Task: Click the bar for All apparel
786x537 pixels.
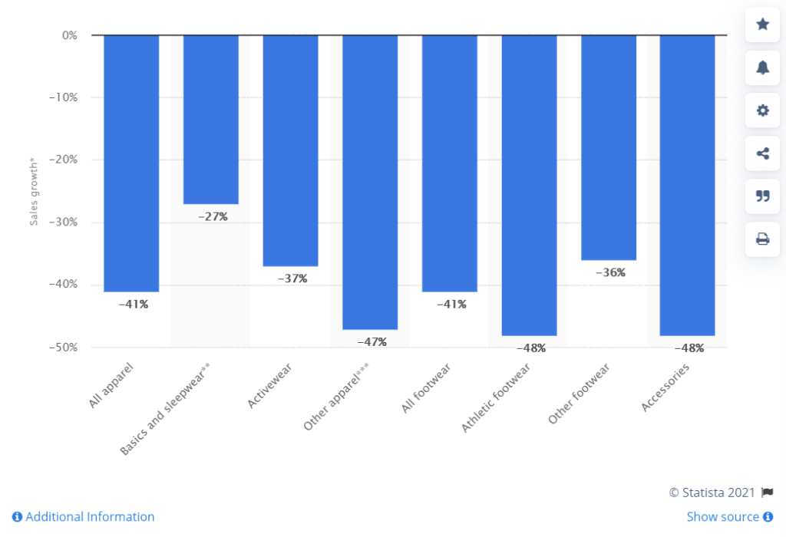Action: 131,163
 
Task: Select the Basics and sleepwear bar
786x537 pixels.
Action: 211,120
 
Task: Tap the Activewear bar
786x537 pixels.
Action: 290,150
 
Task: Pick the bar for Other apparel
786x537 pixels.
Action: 370,182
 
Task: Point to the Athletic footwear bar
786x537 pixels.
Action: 529,185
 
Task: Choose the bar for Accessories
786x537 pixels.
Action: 688,185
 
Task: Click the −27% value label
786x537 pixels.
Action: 213,217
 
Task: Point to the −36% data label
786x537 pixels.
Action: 610,272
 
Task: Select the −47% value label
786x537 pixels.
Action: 372,342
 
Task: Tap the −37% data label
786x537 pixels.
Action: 292,278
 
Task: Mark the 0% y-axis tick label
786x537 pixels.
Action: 69,35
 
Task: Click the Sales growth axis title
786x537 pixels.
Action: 34,193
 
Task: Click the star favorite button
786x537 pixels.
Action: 762,25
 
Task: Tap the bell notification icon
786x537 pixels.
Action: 762,68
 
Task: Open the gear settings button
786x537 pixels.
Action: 762,110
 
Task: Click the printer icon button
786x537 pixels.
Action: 762,239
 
